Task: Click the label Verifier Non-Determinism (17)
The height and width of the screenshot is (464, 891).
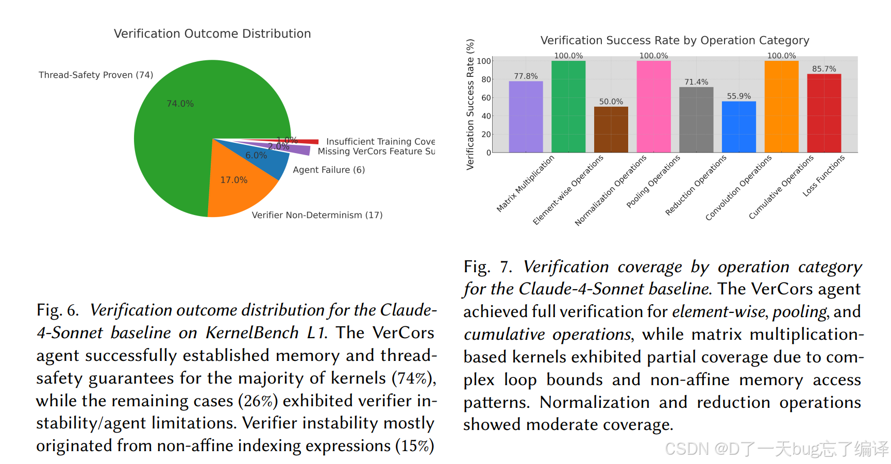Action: (317, 215)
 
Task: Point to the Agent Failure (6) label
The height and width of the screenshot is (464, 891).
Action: (329, 170)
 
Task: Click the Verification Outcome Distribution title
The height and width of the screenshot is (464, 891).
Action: (212, 34)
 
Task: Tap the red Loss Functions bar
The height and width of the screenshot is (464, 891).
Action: (823, 113)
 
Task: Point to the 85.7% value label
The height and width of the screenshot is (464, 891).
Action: (824, 69)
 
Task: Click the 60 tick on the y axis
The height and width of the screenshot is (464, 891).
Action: (486, 97)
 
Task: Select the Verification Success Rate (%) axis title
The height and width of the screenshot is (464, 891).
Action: (470, 104)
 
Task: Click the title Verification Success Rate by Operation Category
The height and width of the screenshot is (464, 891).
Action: (675, 40)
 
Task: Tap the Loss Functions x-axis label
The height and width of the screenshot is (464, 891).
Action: (823, 176)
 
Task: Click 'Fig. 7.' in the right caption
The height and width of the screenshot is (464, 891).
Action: (487, 267)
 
